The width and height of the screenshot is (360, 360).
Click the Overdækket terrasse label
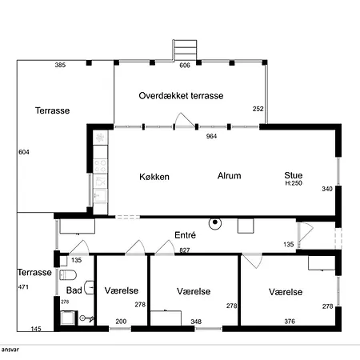(181, 96)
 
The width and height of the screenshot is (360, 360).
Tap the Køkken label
(154, 177)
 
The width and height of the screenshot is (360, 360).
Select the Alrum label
(230, 176)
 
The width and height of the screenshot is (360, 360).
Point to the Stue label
(294, 175)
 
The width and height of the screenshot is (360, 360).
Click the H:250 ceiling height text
(294, 183)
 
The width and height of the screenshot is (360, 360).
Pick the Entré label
(186, 235)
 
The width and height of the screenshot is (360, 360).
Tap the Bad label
(74, 290)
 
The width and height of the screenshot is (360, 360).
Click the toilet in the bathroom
(68, 275)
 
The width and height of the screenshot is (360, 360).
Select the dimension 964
(211, 136)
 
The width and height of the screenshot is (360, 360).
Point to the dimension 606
(185, 66)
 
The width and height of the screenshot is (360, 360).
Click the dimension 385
(60, 65)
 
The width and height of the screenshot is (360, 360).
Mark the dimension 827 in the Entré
(185, 250)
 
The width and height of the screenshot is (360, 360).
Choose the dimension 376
(290, 322)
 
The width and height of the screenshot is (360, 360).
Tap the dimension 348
(196, 322)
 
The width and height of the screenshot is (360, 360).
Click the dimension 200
(121, 322)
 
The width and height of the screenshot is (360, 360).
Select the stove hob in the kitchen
(101, 166)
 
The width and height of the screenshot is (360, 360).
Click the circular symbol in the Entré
(215, 223)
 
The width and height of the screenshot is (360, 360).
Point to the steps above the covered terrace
(185, 50)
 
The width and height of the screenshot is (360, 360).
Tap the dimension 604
(24, 152)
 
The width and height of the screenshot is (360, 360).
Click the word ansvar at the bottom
(10, 350)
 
